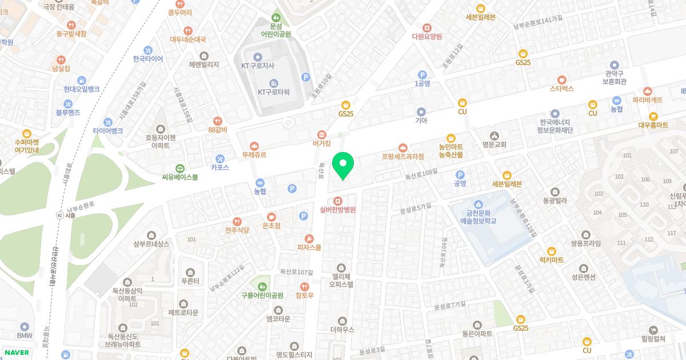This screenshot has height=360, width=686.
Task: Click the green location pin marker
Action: tap(343, 165)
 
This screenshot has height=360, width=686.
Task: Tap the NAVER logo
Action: tap(16, 353)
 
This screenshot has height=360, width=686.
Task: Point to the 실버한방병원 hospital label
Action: tap(338, 210)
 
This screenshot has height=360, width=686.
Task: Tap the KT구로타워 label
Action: tap(273, 92)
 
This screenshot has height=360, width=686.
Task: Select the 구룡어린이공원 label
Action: tap(262, 295)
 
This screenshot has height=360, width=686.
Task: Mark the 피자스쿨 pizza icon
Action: tap(309, 238)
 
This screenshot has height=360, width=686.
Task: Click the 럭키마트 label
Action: tap(551, 260)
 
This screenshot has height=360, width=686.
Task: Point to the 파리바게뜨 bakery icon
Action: tap(648, 90)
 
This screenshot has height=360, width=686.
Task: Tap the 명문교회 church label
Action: tap(494, 145)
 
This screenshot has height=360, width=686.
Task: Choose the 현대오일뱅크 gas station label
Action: tap(82, 89)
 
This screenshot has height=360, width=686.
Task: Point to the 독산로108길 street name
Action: tap(421, 171)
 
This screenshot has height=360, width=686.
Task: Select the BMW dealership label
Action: tap(25, 335)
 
